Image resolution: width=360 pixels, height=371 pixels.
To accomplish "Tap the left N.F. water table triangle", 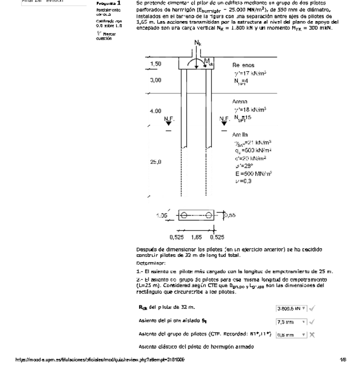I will (x=168, y=123).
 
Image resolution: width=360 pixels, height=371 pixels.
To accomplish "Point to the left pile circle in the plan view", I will (x=184, y=215).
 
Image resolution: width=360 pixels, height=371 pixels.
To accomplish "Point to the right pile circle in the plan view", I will (x=210, y=215).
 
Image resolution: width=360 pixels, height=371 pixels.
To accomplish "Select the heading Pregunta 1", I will (x=106, y=3).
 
